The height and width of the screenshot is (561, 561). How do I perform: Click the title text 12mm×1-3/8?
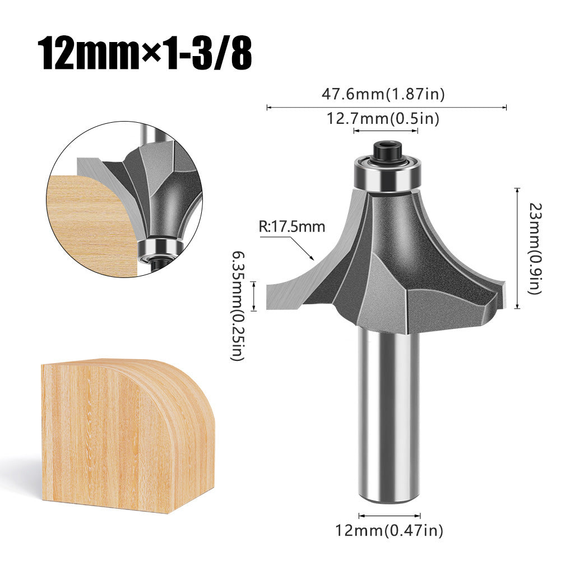[144, 53]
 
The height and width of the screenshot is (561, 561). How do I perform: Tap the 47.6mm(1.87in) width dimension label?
[383, 94]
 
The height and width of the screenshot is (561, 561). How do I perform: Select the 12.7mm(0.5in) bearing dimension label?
[383, 118]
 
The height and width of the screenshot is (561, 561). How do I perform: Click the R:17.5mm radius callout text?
[291, 227]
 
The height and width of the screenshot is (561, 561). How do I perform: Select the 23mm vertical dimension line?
[517, 248]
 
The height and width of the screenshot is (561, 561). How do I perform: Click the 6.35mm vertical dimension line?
[255, 296]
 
